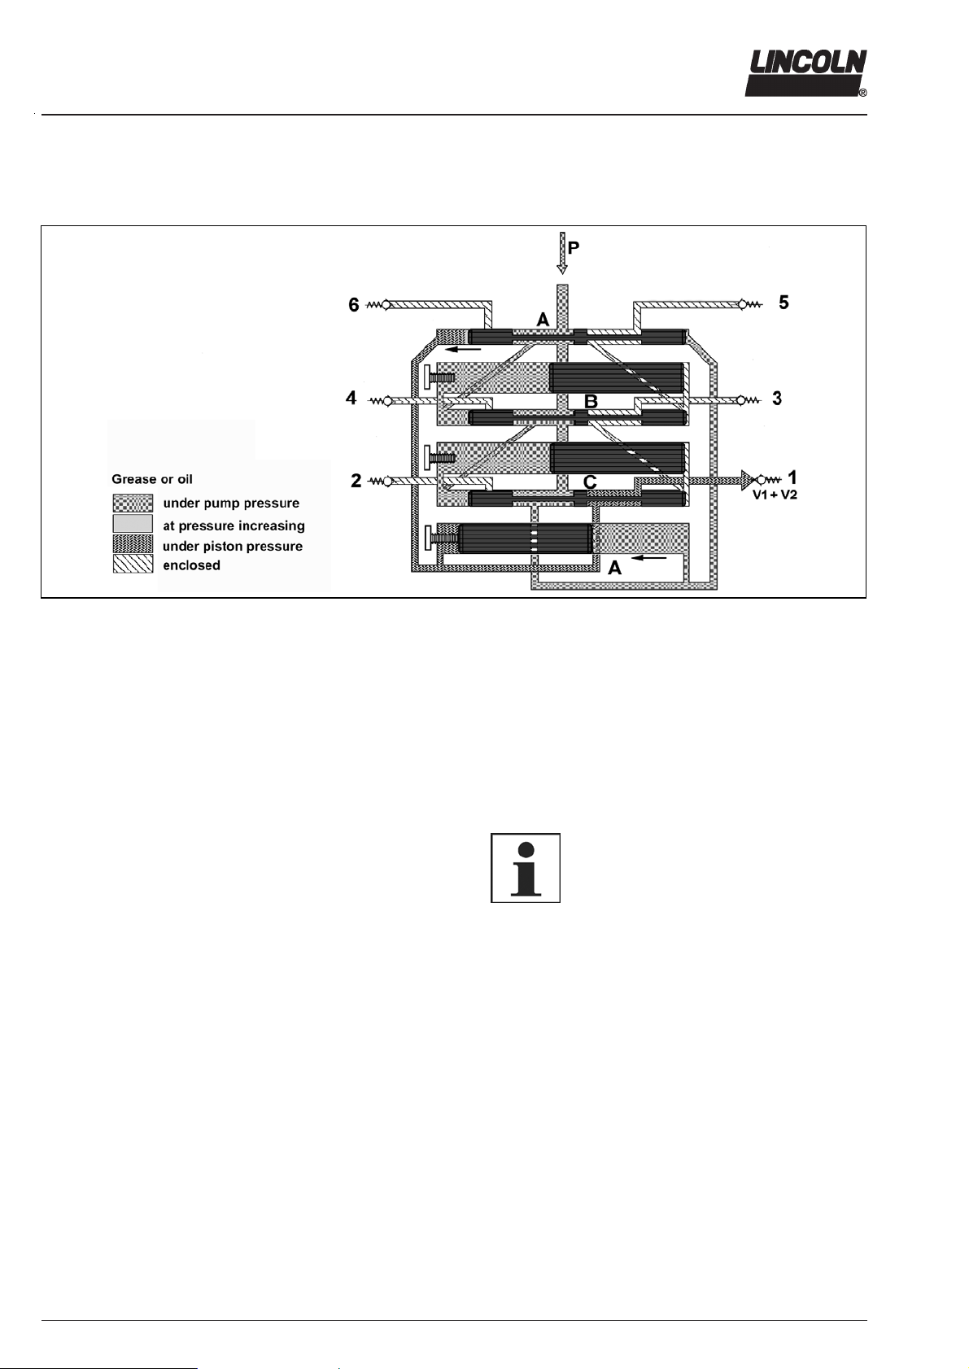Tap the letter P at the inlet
point(574,248)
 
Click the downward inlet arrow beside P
point(561,253)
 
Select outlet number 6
point(354,305)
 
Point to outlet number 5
point(783,303)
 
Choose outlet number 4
point(351,399)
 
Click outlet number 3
point(777,399)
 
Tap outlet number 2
point(356,481)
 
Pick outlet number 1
point(792,477)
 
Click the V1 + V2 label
point(774,495)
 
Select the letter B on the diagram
point(591,401)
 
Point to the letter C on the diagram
point(591,482)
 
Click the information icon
point(526,868)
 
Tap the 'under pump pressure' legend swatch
point(133,504)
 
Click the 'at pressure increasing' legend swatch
point(133,524)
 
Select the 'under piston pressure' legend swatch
point(133,544)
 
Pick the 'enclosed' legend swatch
point(133,565)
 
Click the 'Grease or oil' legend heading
point(152,479)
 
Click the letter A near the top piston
point(543,320)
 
